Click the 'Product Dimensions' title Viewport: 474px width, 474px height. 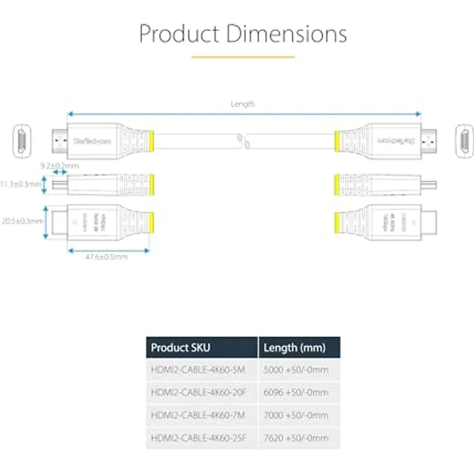click(243, 33)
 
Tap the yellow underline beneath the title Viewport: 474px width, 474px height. click(243, 57)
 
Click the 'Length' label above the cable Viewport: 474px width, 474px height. click(243, 104)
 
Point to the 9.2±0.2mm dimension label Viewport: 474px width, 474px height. click(59, 166)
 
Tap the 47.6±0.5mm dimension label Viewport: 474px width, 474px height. click(107, 257)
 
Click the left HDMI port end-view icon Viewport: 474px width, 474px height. click(22, 141)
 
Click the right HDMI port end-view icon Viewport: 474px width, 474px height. click(463, 141)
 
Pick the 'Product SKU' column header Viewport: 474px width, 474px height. click(181, 348)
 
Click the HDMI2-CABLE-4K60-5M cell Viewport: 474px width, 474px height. click(198, 370)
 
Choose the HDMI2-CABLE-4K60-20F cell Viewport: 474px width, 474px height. click(200, 392)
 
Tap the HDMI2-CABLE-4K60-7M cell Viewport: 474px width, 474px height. click(198, 415)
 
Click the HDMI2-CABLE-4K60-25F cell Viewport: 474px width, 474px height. click(200, 438)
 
